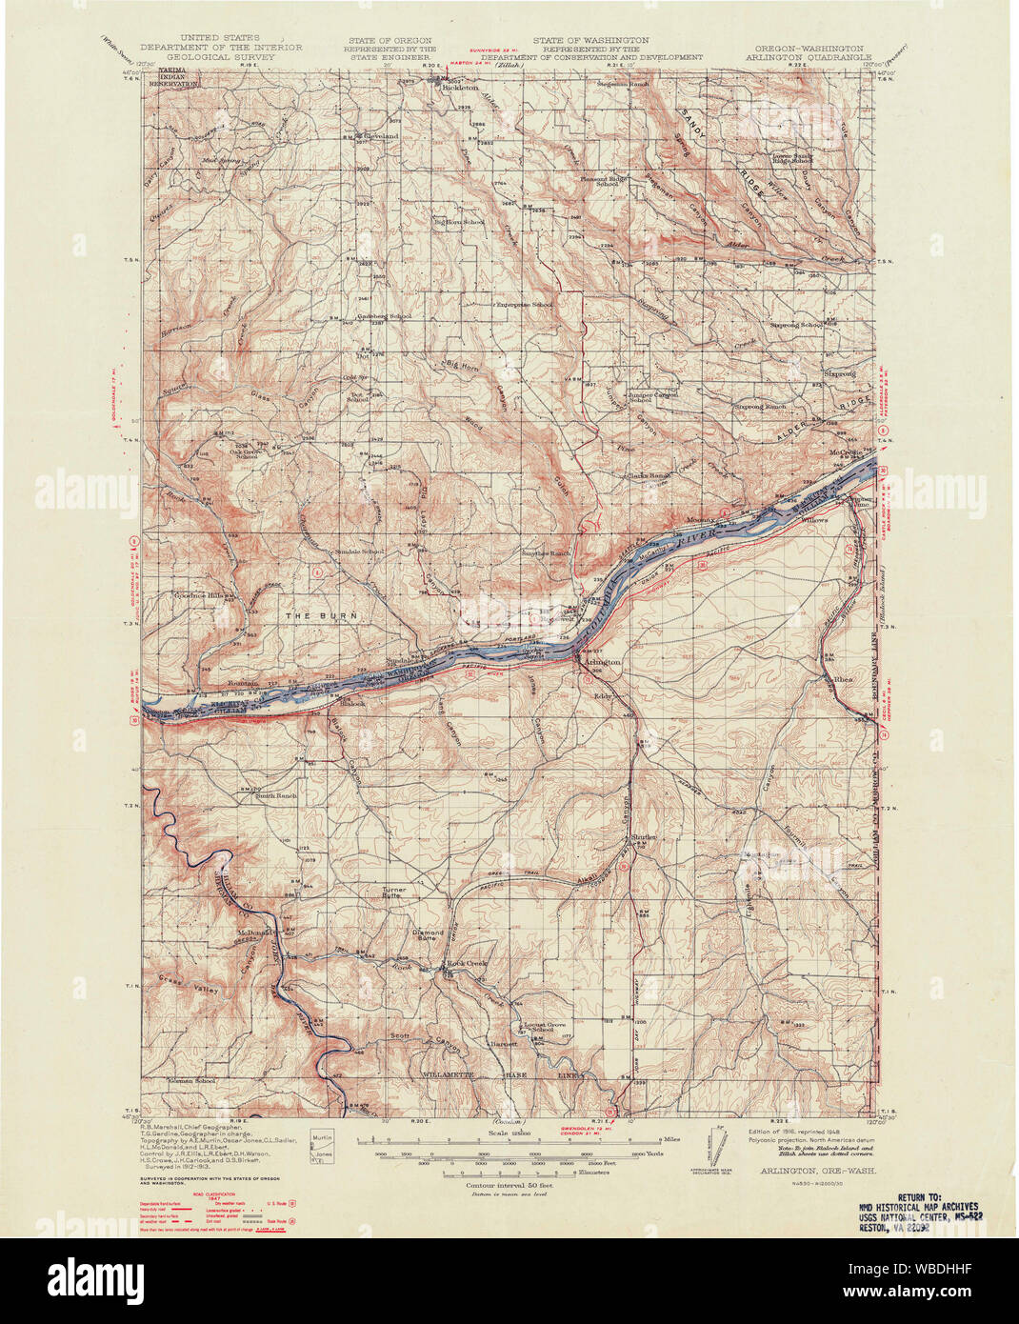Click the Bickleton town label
(459, 87)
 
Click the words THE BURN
(323, 616)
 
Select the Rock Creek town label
(468, 965)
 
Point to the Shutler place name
(644, 837)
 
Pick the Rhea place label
(844, 679)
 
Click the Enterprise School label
(524, 304)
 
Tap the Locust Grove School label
(536, 1027)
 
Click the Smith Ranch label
(276, 795)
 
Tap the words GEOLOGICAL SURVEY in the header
(220, 56)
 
